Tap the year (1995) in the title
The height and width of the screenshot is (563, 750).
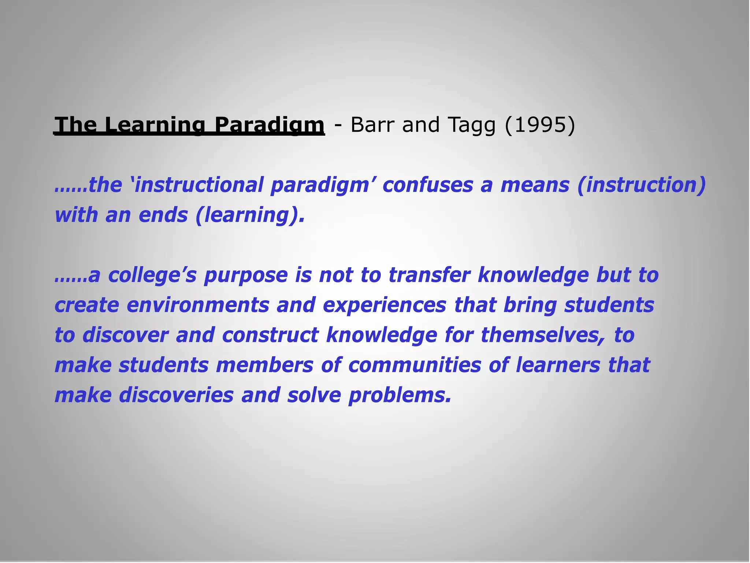pos(540,125)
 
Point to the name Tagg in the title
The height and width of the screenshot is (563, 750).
pos(471,125)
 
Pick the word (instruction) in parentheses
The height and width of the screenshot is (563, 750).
pos(641,185)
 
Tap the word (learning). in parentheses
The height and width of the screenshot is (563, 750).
pos(250,215)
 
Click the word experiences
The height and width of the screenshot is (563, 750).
pos(385,305)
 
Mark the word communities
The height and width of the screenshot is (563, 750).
pos(415,365)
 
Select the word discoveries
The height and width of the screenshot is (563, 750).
pos(176,395)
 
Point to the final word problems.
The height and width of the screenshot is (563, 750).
pos(400,396)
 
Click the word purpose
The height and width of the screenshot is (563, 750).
pos(246,276)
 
